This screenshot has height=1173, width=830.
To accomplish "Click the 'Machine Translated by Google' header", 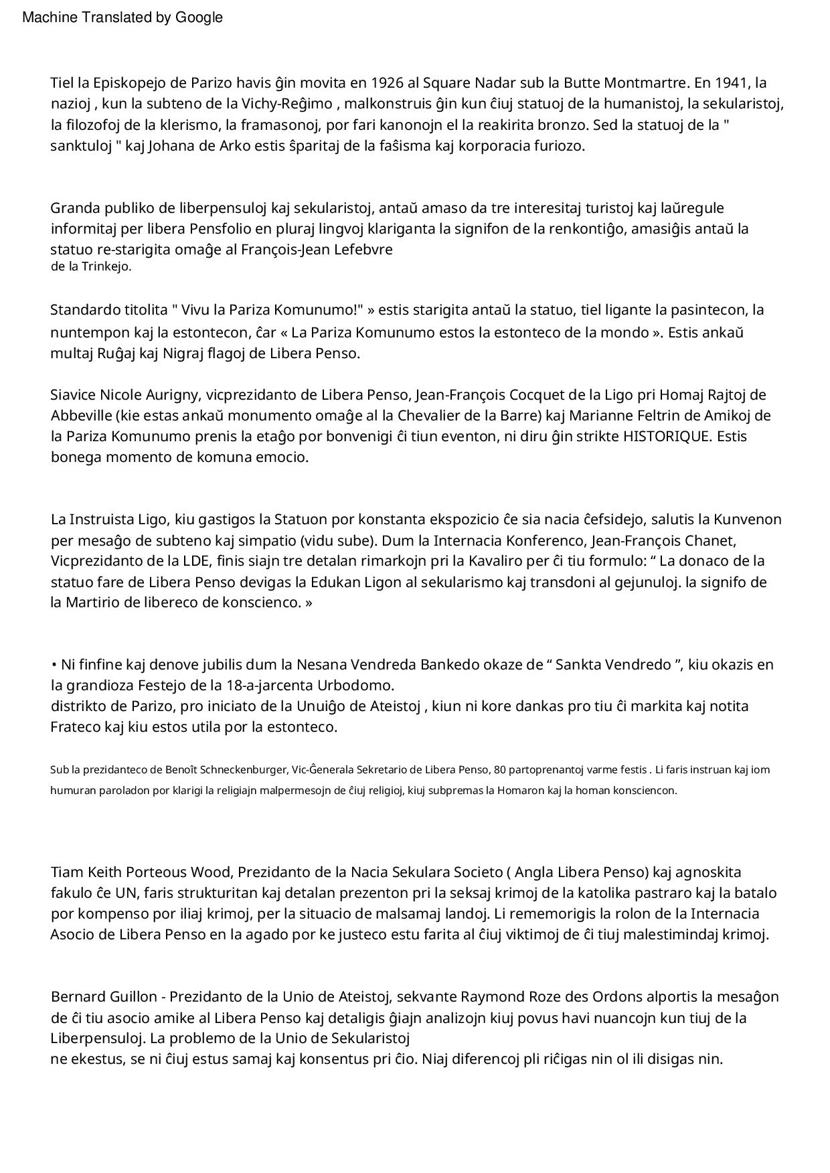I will click(x=122, y=18).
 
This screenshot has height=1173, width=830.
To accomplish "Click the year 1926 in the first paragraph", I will click(x=388, y=83).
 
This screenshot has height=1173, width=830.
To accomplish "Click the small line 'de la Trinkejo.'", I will click(x=91, y=266).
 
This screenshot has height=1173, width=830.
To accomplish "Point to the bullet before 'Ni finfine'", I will click(x=54, y=665).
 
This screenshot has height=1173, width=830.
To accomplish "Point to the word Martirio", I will click(x=92, y=603).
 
